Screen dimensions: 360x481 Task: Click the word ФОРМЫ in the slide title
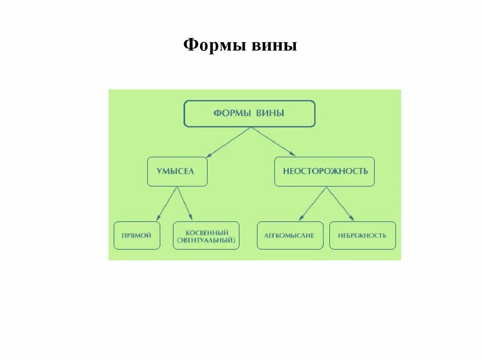coord(211,46)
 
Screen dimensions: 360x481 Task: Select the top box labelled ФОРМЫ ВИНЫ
coord(249,114)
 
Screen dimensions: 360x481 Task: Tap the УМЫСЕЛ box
coord(177,171)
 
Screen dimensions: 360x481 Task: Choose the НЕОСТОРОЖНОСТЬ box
coord(325,171)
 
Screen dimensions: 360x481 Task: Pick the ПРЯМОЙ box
coord(136,235)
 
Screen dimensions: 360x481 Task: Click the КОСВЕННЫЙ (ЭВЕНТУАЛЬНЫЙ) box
coord(206,236)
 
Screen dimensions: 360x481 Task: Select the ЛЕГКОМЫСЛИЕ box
coord(290,235)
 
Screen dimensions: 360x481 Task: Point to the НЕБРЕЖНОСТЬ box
coord(362,235)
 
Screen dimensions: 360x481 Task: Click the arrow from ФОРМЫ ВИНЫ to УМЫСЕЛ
coord(228,142)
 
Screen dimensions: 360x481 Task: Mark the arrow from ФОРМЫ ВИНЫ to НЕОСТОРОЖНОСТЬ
coord(273,141)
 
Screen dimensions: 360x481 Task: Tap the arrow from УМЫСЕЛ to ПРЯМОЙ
coord(167,204)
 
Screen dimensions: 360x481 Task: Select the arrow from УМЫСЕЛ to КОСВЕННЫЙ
coord(185,204)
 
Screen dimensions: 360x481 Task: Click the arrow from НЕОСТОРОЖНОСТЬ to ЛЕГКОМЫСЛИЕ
coord(312,204)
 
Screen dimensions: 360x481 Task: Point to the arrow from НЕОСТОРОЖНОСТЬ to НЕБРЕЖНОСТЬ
coord(340,204)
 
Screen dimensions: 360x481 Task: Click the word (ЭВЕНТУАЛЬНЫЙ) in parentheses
coord(206,240)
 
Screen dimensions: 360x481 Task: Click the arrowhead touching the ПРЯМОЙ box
coord(158,218)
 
